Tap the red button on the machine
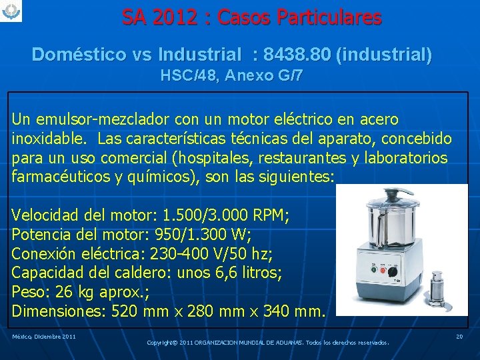tap(382, 271)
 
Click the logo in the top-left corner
tap(11, 11)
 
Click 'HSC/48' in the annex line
tap(189, 75)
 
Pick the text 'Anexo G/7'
tap(263, 75)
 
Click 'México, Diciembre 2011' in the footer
tap(44, 337)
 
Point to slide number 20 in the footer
tap(459, 337)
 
